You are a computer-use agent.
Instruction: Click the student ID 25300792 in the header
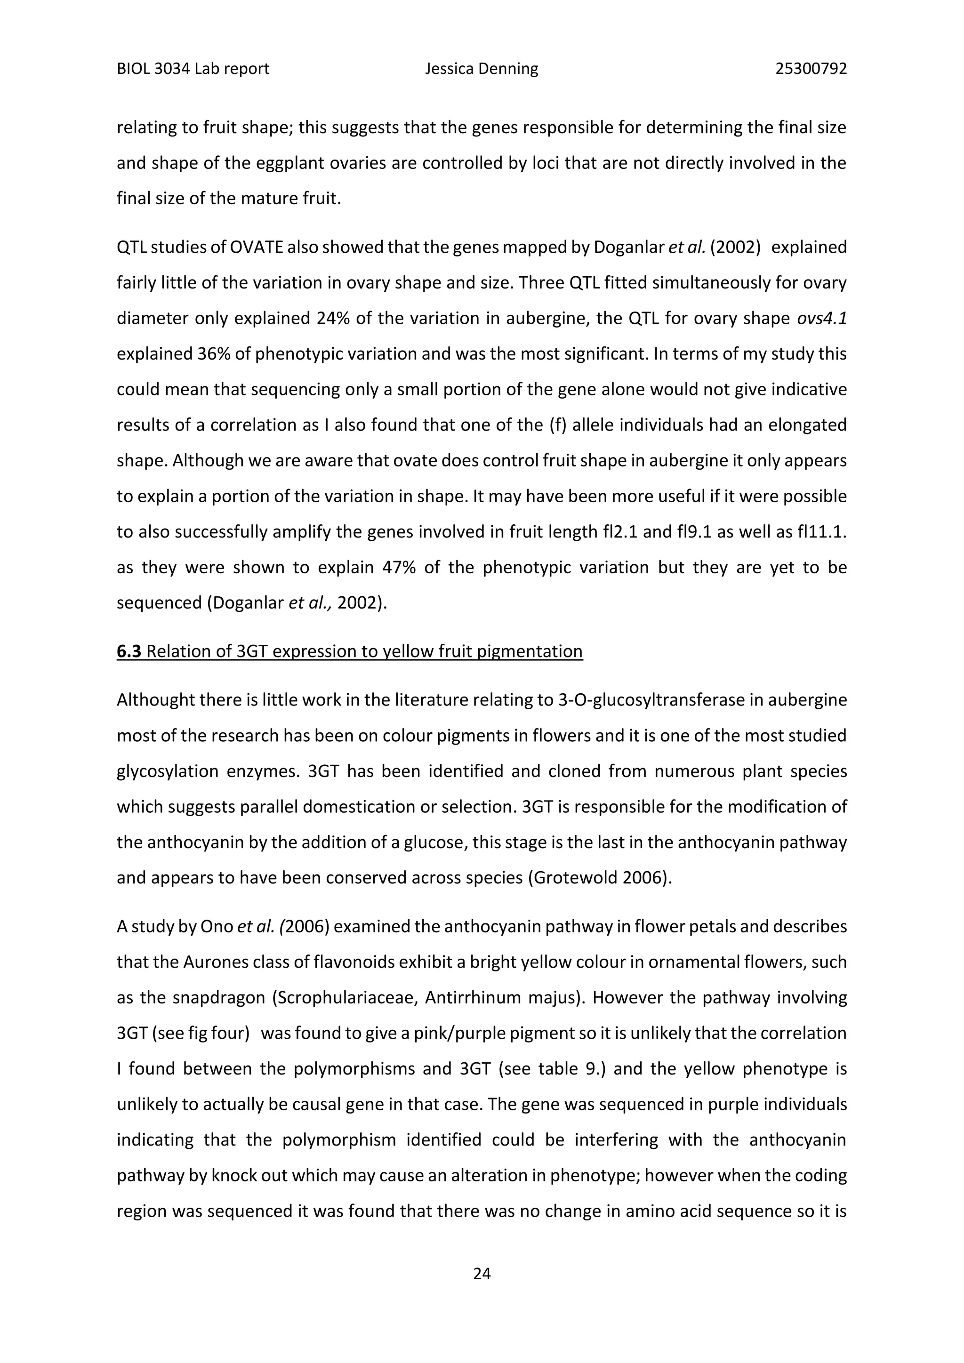pos(811,69)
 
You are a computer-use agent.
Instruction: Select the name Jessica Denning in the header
pos(482,69)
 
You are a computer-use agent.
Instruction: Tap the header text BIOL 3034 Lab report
pos(193,69)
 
